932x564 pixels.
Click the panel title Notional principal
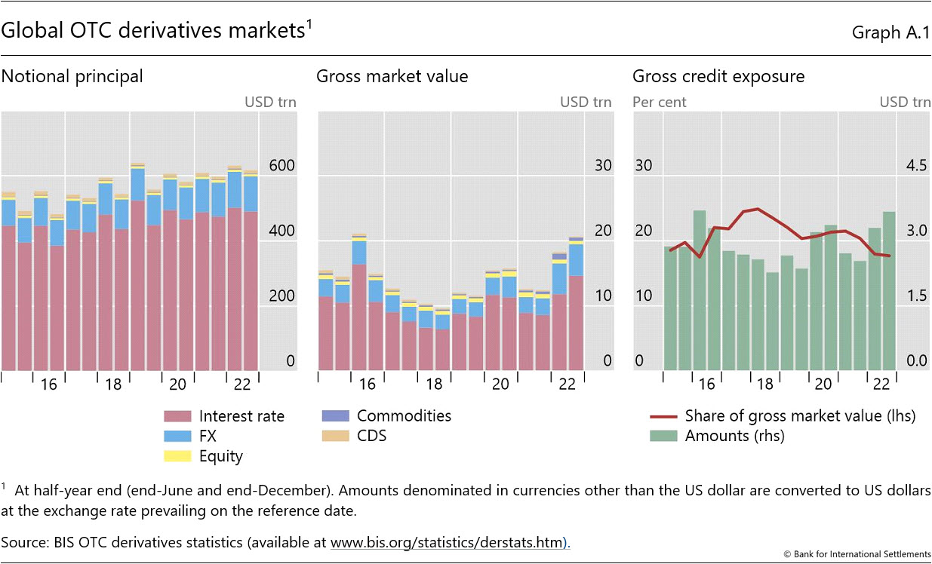[72, 76]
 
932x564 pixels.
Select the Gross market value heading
[392, 76]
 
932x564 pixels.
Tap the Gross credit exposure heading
[718, 76]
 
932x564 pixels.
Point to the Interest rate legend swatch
[178, 416]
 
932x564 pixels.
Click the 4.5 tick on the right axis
[916, 166]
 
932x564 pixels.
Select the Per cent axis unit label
[660, 102]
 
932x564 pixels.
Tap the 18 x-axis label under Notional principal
[113, 385]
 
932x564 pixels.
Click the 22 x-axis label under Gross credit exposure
[881, 385]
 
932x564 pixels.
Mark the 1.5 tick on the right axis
[916, 296]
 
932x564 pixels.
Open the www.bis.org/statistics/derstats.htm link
[449, 542]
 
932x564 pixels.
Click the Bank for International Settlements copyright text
[858, 554]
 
